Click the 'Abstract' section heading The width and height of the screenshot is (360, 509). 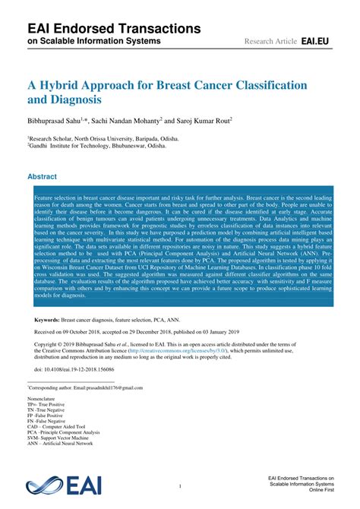click(43, 176)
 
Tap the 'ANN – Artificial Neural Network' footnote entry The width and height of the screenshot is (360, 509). click(60, 443)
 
